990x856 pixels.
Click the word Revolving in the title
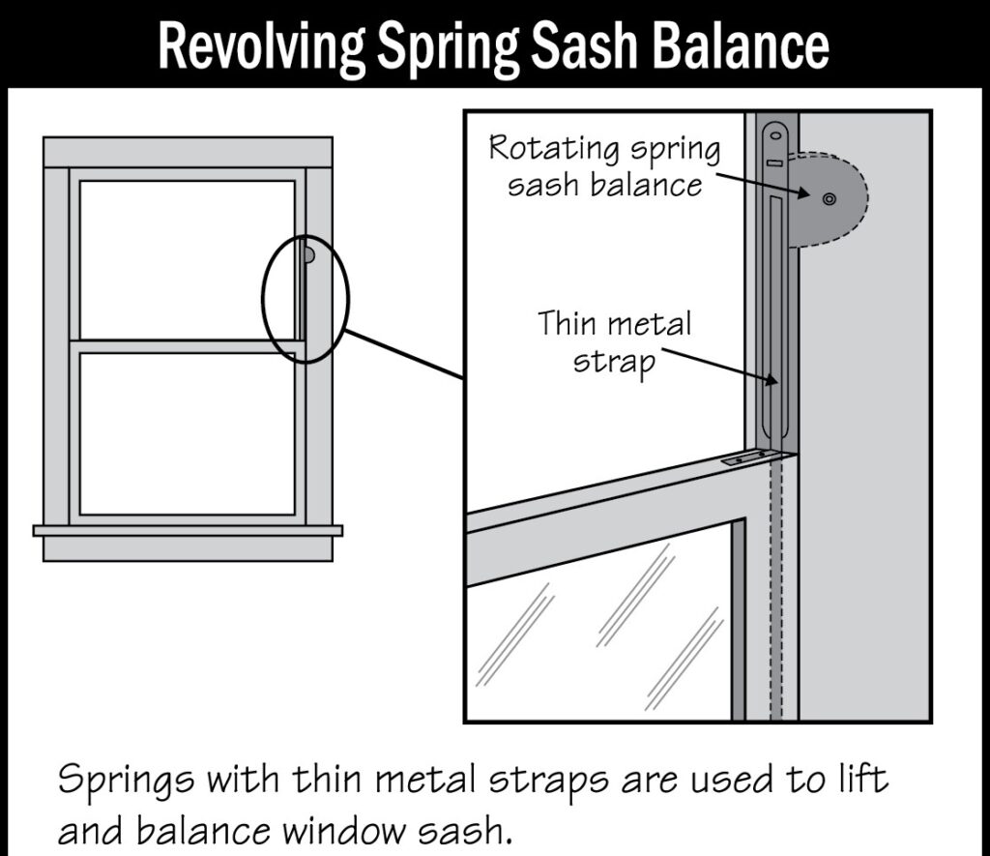coord(259,44)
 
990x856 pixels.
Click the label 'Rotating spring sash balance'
coord(605,166)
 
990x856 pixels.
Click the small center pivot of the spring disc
coord(829,198)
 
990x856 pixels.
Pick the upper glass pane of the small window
coord(187,259)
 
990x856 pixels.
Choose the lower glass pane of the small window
coord(187,433)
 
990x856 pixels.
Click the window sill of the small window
coord(188,530)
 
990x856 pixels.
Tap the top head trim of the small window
coord(188,152)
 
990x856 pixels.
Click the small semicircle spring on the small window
coord(308,255)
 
